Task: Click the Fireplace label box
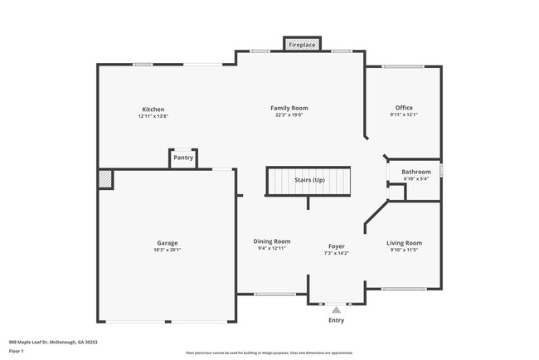(x=302, y=45)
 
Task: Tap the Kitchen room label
(x=153, y=109)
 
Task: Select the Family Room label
(x=289, y=108)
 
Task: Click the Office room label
(x=404, y=108)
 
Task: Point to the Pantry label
(x=183, y=157)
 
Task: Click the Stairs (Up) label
(x=309, y=180)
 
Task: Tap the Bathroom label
(x=416, y=172)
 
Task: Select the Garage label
(x=168, y=243)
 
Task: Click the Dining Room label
(x=272, y=241)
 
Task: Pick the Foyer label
(x=336, y=246)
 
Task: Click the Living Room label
(x=404, y=243)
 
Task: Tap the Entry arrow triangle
(x=336, y=309)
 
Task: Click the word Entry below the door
(x=336, y=320)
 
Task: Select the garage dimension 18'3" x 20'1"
(x=168, y=250)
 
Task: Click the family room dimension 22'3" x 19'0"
(x=289, y=115)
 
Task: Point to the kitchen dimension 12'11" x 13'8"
(x=153, y=116)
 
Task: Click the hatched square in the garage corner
(x=105, y=179)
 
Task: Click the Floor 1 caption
(x=17, y=351)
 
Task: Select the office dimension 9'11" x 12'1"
(x=404, y=115)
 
